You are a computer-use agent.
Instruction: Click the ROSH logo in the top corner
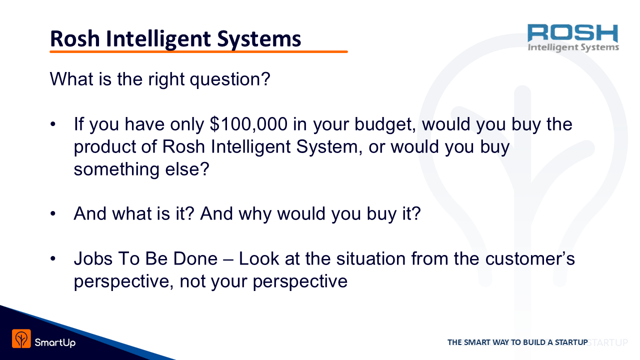(573, 38)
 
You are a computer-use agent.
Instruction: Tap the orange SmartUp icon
(21, 338)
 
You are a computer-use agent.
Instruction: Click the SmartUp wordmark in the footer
(55, 342)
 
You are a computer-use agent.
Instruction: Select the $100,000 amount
(248, 124)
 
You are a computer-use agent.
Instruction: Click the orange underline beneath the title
(198, 51)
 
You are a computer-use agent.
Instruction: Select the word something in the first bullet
(116, 169)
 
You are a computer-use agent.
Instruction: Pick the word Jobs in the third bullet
(93, 259)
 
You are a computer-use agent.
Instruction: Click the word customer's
(530, 259)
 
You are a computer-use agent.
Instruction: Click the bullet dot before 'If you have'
(53, 124)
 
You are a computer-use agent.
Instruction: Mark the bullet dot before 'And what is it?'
(53, 213)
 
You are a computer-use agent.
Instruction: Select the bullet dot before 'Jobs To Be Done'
(53, 258)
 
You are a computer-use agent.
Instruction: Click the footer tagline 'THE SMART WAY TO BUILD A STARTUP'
(517, 342)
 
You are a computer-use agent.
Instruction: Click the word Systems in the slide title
(259, 39)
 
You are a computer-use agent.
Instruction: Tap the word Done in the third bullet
(195, 259)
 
